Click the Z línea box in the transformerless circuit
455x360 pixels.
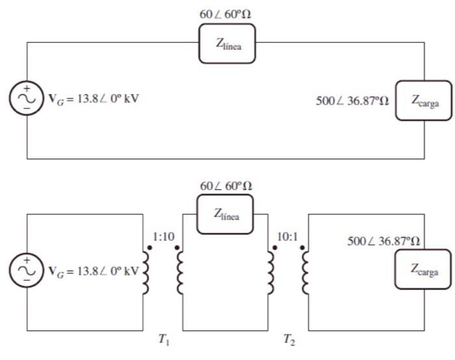[x=227, y=44]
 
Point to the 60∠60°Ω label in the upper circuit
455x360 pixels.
[x=226, y=12]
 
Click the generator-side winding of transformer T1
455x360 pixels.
[x=146, y=271]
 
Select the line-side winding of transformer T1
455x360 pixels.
[x=180, y=271]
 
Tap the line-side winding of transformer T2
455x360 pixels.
[x=271, y=271]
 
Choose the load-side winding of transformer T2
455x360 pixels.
[x=305, y=271]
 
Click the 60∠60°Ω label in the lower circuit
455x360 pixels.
[x=226, y=186]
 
